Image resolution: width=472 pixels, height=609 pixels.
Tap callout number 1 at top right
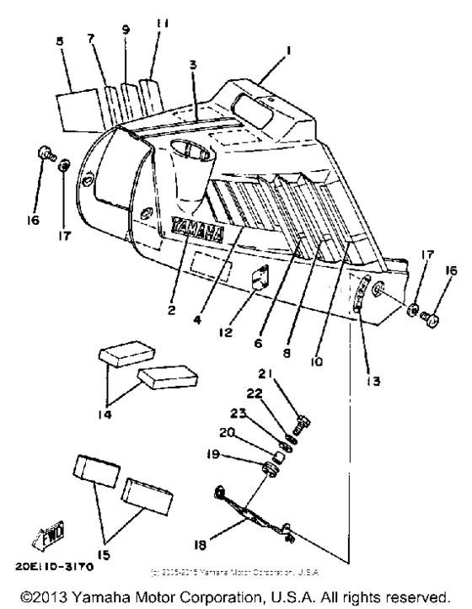pos(289,51)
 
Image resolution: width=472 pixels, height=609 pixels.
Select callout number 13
pos(371,381)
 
